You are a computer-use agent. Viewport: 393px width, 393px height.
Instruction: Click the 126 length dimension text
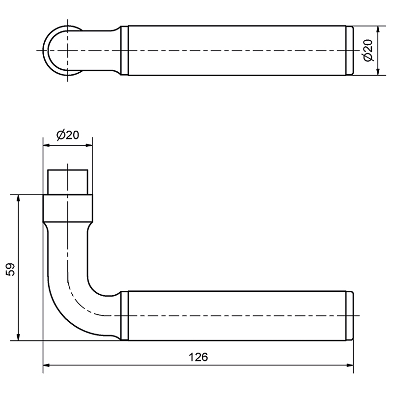pos(198,357)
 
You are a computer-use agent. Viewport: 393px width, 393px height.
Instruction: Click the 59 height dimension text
pos(10,269)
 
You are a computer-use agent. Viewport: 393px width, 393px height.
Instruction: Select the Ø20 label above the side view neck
pos(68,135)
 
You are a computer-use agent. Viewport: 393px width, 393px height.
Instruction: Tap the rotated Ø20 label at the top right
pos(368,50)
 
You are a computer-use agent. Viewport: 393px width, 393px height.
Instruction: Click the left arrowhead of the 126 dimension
pos(46,365)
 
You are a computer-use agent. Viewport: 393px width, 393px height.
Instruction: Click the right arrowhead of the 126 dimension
pos(350,365)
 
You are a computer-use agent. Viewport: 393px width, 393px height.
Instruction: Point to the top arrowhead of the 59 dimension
pos(18,198)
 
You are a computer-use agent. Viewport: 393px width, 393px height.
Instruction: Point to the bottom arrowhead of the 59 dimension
pos(18,337)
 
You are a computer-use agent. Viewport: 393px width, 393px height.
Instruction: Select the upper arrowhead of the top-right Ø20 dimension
pos(378,29)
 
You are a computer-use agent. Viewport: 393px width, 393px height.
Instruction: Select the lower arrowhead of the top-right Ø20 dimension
pos(378,71)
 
